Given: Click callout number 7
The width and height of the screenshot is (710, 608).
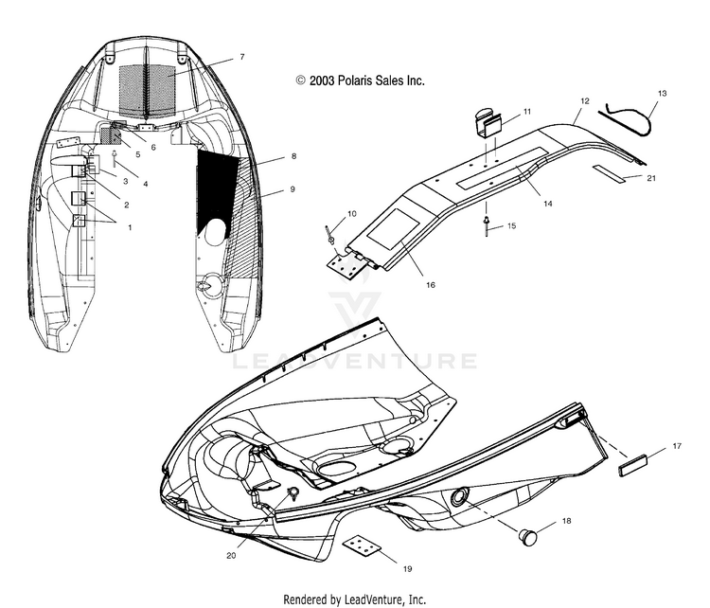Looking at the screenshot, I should (x=242, y=58).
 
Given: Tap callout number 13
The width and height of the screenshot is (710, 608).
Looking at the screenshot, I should (x=663, y=93).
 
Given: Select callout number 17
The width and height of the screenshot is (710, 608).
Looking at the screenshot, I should (x=676, y=444).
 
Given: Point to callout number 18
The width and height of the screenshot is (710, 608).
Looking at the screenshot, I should (x=566, y=521).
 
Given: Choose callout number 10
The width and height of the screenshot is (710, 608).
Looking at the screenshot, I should (x=327, y=214).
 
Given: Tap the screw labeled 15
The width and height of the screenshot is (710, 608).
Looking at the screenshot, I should (x=485, y=224).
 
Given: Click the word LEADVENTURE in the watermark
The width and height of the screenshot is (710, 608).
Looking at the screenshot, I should (x=354, y=361).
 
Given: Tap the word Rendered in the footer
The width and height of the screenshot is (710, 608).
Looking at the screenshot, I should (x=311, y=599).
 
